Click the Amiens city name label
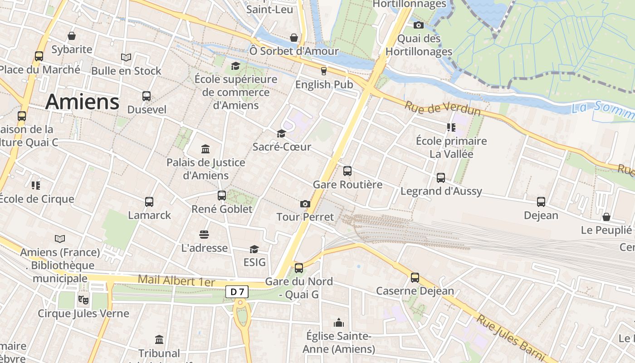click(x=82, y=101)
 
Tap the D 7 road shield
click(x=237, y=292)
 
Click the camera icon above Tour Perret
click(x=305, y=204)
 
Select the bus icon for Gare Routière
click(x=347, y=171)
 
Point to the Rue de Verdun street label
click(x=442, y=108)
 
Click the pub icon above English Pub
click(x=323, y=71)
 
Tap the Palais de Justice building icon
click(x=205, y=149)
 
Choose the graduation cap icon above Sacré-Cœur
click(x=281, y=133)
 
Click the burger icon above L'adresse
click(x=204, y=235)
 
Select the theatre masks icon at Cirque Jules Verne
click(x=83, y=299)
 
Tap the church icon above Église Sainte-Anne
click(x=338, y=323)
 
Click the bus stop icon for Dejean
click(x=541, y=202)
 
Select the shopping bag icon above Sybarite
click(x=72, y=36)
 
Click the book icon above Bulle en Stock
click(x=126, y=58)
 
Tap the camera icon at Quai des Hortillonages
click(x=418, y=25)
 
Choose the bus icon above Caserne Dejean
click(x=415, y=277)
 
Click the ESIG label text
click(x=254, y=262)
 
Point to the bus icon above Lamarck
click(x=149, y=202)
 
